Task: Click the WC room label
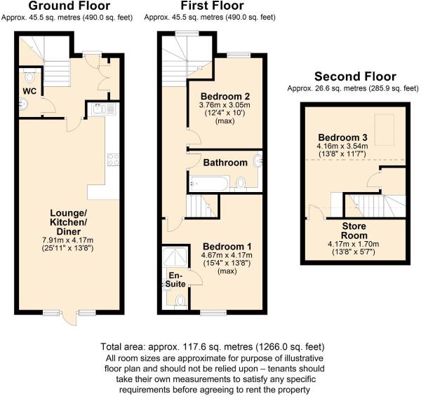pyautogui.click(x=29, y=91)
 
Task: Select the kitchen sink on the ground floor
pyautogui.click(x=103, y=109)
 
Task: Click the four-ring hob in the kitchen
pyautogui.click(x=113, y=159)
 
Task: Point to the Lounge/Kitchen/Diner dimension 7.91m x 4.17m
pyautogui.click(x=67, y=240)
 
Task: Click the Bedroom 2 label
pyautogui.click(x=225, y=96)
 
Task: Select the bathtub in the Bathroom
pyautogui.click(x=209, y=184)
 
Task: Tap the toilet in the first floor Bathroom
pyautogui.click(x=241, y=184)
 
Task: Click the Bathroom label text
pyautogui.click(x=225, y=163)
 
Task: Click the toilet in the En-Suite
pyautogui.click(x=181, y=301)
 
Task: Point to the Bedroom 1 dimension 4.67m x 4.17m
pyautogui.click(x=227, y=255)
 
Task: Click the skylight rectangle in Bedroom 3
pyautogui.click(x=385, y=130)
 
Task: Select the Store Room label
pyautogui.click(x=354, y=231)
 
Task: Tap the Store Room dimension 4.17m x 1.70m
pyautogui.click(x=354, y=244)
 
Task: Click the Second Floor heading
pyautogui.click(x=355, y=76)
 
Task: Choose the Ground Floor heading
pyautogui.click(x=69, y=6)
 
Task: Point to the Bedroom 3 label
pyautogui.click(x=342, y=137)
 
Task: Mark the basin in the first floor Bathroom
pyautogui.click(x=258, y=161)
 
